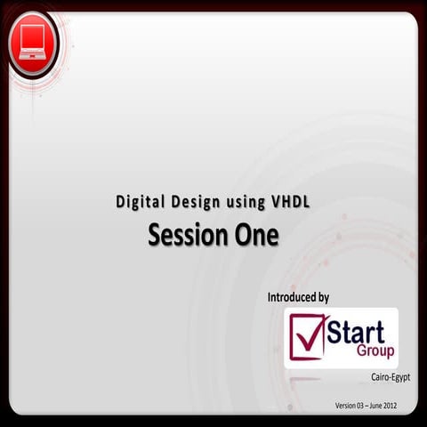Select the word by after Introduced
point(325,296)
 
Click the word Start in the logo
point(356,333)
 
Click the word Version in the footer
point(348,406)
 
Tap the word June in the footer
point(388,406)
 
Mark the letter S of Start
point(334,333)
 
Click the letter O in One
point(243,235)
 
